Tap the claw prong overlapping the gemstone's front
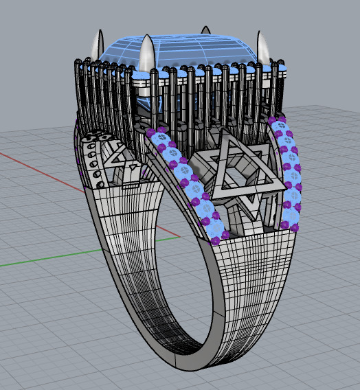[147, 55]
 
